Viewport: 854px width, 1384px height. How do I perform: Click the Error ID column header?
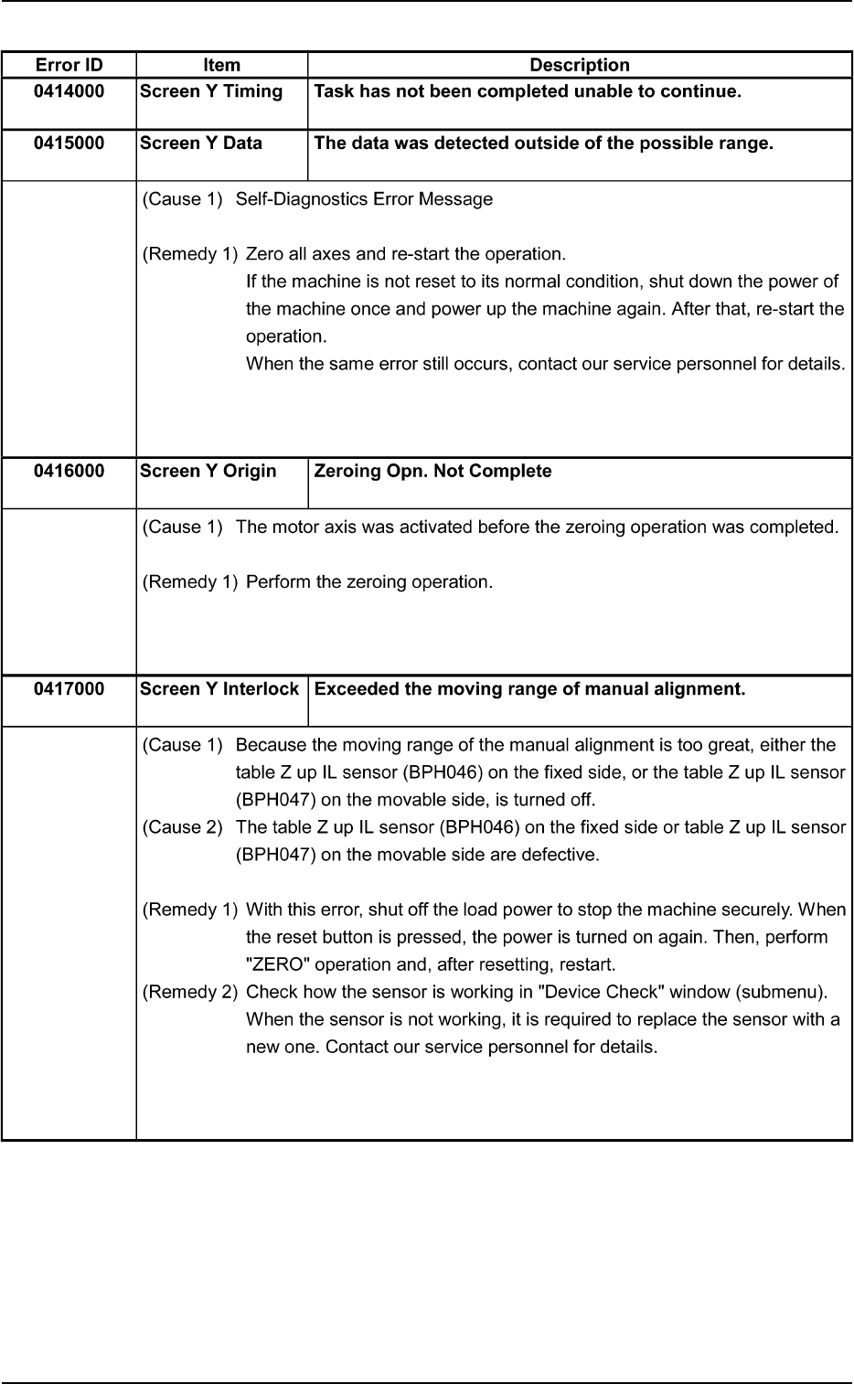[69, 65]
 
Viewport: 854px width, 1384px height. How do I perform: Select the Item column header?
[221, 65]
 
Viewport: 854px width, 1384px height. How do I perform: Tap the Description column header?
[580, 65]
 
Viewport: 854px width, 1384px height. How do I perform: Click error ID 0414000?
[69, 91]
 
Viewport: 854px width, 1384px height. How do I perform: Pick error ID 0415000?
[69, 144]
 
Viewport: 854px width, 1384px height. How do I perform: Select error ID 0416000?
[69, 472]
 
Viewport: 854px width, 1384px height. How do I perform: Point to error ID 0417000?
[69, 689]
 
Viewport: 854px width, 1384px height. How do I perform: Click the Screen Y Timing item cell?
[211, 91]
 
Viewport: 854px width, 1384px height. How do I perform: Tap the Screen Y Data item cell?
[201, 144]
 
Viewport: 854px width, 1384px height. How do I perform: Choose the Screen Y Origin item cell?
[208, 472]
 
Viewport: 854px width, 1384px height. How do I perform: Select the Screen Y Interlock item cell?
[219, 689]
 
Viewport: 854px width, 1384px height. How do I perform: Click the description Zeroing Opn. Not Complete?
[432, 472]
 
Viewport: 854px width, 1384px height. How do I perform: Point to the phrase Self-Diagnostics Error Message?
[364, 199]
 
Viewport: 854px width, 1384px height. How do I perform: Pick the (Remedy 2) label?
[190, 992]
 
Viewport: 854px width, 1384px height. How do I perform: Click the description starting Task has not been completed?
[527, 91]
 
